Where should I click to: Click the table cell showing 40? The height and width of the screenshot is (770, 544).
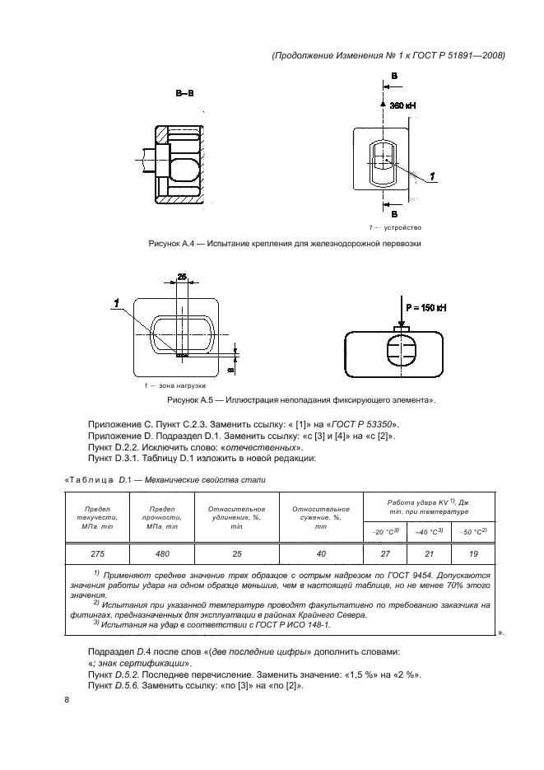click(x=321, y=554)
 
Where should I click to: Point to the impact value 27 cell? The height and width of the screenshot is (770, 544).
click(x=386, y=554)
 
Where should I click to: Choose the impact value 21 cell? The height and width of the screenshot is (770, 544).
click(x=429, y=554)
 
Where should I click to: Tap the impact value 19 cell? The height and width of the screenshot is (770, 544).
click(x=472, y=554)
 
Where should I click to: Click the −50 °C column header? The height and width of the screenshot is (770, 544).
click(x=473, y=530)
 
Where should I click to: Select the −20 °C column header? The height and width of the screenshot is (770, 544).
click(x=386, y=530)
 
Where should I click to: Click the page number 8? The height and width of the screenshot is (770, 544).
click(x=67, y=699)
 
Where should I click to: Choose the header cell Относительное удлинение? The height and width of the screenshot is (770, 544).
click(x=236, y=516)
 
